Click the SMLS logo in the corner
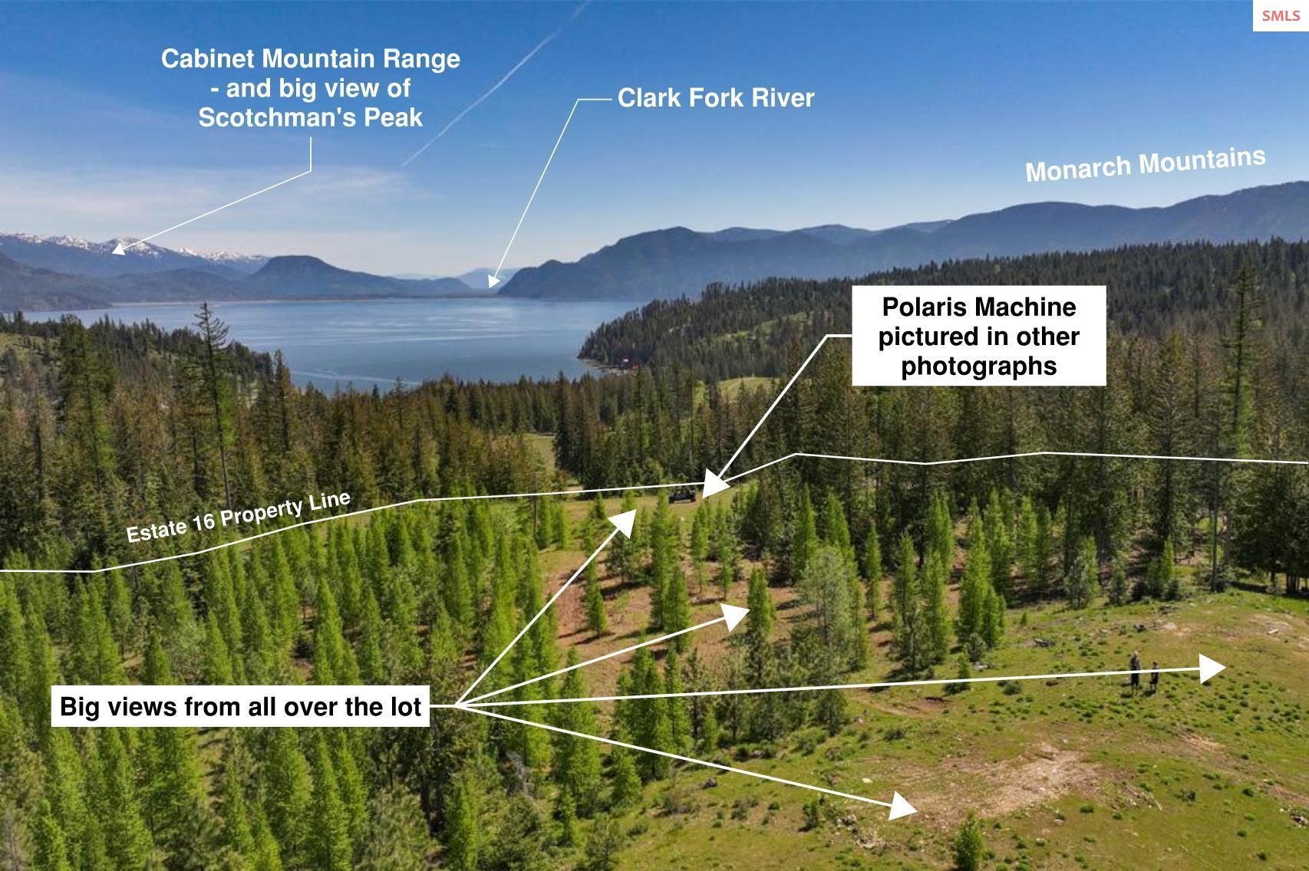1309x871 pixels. [1281, 15]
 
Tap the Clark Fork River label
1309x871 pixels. [716, 98]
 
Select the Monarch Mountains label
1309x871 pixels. [1146, 165]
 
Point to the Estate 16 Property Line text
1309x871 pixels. [239, 518]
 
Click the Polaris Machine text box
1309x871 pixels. [979, 336]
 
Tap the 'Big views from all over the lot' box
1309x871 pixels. [240, 706]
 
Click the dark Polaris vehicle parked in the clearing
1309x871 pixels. [682, 495]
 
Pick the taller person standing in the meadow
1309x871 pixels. [1135, 672]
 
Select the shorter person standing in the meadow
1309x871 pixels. [1154, 677]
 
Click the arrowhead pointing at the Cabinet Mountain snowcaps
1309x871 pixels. [119, 249]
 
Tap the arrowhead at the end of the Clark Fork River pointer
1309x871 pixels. [493, 281]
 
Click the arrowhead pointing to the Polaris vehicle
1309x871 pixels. [714, 485]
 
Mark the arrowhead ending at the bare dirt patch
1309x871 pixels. [902, 806]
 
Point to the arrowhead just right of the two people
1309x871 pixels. [1212, 669]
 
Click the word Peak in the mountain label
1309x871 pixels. [393, 117]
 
